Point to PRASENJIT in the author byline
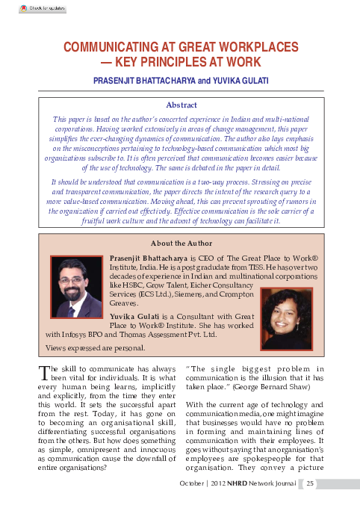click(x=117, y=78)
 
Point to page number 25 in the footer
click(x=311, y=483)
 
